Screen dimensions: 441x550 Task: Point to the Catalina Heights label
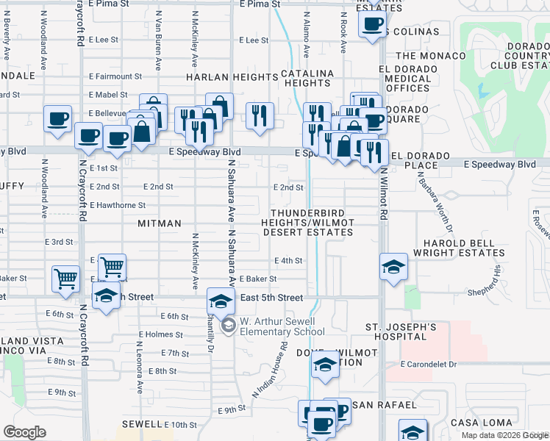(x=307, y=79)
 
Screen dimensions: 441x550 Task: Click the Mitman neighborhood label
(x=160, y=223)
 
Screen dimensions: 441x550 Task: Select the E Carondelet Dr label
(x=429, y=364)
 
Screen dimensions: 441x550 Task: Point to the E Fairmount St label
(x=115, y=76)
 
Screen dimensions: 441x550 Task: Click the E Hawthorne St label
(x=117, y=205)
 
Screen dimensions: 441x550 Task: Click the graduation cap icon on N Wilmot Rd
(x=393, y=266)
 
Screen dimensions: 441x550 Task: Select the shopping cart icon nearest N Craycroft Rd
(x=65, y=278)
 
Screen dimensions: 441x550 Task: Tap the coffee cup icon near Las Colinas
(x=372, y=24)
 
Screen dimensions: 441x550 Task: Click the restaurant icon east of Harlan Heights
(x=260, y=116)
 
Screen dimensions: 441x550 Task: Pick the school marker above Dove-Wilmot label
(x=324, y=365)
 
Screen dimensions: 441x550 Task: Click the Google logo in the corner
(x=24, y=432)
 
